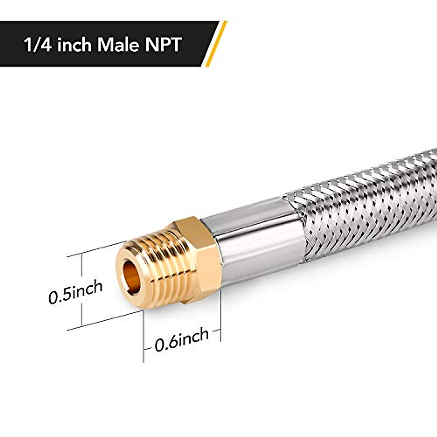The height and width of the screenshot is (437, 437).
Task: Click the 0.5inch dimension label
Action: click(75, 292)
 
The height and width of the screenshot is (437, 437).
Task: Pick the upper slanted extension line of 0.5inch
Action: click(95, 249)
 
